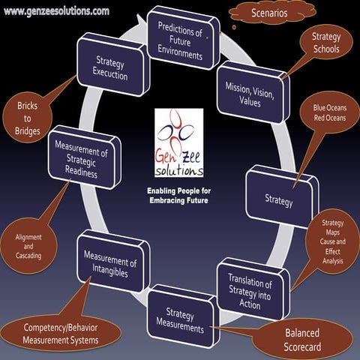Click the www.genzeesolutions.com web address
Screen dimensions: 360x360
[x=55, y=10]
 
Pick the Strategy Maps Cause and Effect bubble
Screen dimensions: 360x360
[x=332, y=244]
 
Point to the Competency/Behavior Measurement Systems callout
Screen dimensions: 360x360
[x=61, y=334]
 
